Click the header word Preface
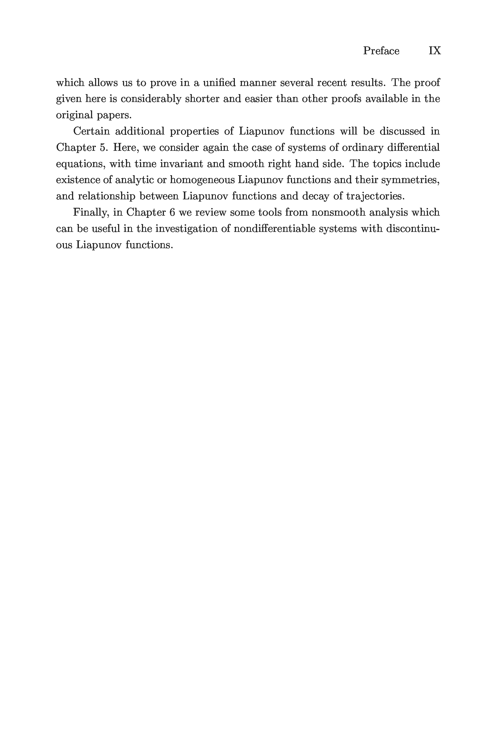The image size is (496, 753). pyautogui.click(x=381, y=51)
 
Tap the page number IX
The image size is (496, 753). pyautogui.click(x=435, y=51)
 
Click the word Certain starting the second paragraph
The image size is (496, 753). pyautogui.click(x=91, y=131)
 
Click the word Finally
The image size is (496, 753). pyautogui.click(x=91, y=212)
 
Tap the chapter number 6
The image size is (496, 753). pyautogui.click(x=172, y=212)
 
